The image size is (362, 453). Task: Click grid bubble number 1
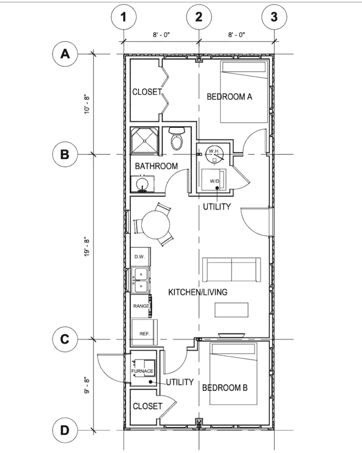tap(124, 17)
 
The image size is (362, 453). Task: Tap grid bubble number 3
tap(274, 17)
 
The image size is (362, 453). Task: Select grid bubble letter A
tap(65, 54)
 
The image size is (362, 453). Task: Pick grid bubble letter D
tap(65, 430)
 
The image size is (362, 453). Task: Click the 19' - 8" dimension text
tap(87, 247)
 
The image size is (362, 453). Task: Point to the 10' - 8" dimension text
tap(87, 104)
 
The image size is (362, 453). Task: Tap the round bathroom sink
tap(142, 184)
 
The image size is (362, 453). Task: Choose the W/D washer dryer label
tap(214, 181)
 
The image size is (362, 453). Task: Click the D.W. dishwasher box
tap(141, 256)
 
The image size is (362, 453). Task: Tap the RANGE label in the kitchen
tap(141, 306)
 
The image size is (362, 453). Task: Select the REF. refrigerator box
tap(145, 332)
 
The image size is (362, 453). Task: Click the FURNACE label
tap(142, 371)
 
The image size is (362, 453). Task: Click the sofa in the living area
tap(231, 269)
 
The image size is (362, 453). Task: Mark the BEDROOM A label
tap(229, 96)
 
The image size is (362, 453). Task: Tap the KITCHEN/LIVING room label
tap(198, 292)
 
